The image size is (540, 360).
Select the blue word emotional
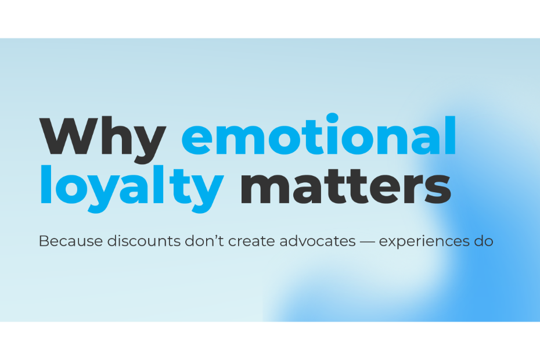[x=319, y=135]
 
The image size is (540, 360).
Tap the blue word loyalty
[x=132, y=188]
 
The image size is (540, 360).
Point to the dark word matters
[x=345, y=186]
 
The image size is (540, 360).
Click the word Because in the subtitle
[x=71, y=241]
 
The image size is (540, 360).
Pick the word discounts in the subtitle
[x=144, y=241]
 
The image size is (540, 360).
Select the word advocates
[x=318, y=241]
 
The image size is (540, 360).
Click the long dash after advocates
[x=367, y=242]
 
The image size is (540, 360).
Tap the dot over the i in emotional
[x=332, y=118]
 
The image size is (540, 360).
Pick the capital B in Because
[x=44, y=241]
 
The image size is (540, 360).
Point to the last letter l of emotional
[x=451, y=135]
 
